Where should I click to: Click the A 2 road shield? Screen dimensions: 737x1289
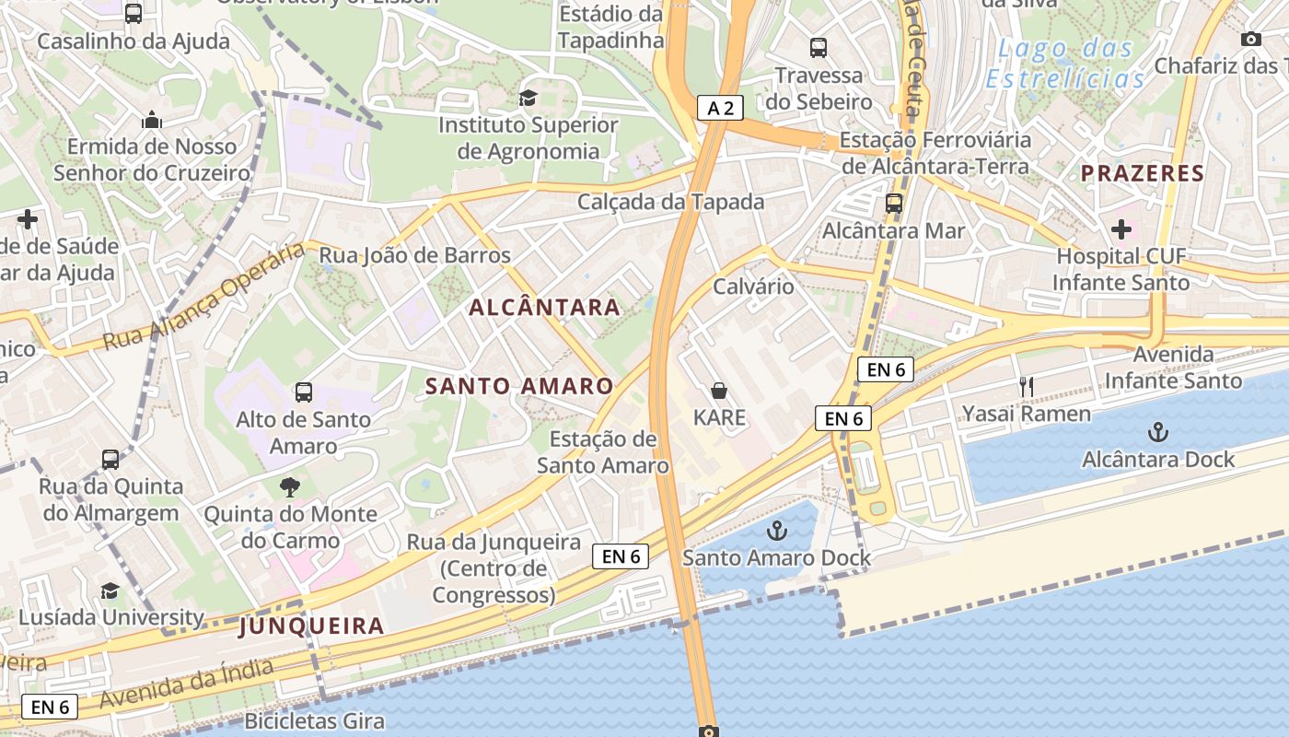point(720,108)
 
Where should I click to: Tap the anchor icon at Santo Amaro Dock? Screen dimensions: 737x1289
point(778,531)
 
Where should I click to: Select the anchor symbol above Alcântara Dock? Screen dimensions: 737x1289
point(1157,431)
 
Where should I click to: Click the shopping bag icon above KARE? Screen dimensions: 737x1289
point(719,391)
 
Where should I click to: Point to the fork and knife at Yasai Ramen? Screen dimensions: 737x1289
point(1027,387)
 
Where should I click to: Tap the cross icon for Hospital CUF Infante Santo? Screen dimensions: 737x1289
point(1121,228)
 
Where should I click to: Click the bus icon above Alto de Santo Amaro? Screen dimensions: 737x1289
point(304,392)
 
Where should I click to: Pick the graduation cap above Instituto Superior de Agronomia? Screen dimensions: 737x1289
point(528,98)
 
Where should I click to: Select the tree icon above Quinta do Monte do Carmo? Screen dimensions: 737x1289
point(290,486)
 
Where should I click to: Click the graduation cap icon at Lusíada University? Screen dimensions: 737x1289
point(110,591)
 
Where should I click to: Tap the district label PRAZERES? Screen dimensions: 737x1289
point(1143,173)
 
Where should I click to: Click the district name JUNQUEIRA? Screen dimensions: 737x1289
point(311,626)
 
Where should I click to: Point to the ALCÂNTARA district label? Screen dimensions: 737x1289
point(545,308)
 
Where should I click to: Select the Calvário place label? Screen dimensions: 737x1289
point(753,287)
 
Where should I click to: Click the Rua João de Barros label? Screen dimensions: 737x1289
point(414,255)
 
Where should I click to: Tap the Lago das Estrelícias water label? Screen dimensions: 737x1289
point(1065,64)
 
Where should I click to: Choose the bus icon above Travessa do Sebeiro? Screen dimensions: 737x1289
point(819,48)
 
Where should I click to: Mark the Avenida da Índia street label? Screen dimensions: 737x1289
point(186,683)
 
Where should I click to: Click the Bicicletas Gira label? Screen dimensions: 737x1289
point(314,720)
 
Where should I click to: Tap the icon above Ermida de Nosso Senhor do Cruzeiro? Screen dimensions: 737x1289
point(152,120)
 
